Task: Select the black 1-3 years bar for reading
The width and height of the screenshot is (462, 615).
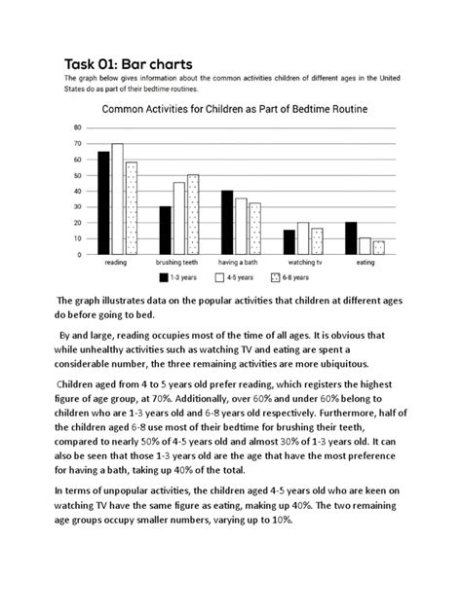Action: point(104,202)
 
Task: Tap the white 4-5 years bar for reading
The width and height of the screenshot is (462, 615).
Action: point(118,199)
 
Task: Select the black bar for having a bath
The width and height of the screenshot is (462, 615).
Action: point(227,222)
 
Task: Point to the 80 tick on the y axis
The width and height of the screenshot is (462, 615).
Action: point(77,128)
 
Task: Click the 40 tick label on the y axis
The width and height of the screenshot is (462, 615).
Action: point(77,192)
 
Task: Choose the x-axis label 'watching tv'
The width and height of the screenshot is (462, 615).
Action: point(302,263)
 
